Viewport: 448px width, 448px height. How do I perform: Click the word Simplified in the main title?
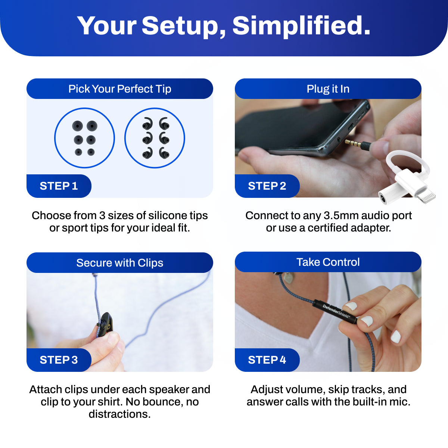301,26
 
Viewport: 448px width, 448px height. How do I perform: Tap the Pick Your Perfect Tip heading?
120,89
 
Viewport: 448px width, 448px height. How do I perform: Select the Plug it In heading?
328,89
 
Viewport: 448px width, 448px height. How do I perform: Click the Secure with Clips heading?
120,263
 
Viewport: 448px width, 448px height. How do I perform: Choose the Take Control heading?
328,262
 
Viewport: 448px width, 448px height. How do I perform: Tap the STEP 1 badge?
59,186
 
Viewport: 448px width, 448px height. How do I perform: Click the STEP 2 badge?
267,186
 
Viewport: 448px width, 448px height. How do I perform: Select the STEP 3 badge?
59,360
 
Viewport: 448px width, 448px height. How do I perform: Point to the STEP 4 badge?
267,360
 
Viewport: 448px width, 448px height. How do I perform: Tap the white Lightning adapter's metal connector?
428,196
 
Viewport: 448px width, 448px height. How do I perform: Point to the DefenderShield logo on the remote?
336,311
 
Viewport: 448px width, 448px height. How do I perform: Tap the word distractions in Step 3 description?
120,414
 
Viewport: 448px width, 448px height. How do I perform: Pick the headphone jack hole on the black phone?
339,140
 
